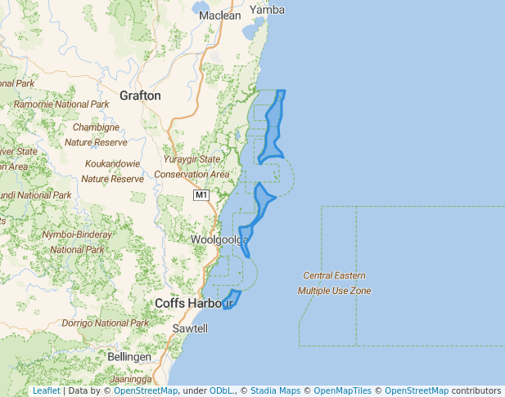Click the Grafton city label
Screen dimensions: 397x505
[x=140, y=96]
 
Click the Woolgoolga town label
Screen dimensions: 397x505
[x=219, y=239]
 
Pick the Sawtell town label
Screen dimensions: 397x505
[x=190, y=328]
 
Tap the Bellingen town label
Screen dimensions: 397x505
[x=129, y=357]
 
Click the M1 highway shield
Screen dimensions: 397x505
[x=201, y=196]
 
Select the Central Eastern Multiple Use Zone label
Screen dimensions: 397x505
[x=334, y=283]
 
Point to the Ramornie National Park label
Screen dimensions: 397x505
[x=61, y=105]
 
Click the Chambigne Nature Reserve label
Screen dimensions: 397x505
[x=96, y=135]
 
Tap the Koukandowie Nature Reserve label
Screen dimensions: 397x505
[x=112, y=171]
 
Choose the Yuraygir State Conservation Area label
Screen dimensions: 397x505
[x=192, y=167]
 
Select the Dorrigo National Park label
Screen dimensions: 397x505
[x=109, y=323]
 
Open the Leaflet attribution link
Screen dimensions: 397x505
[x=46, y=390]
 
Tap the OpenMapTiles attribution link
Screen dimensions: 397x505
[x=340, y=390]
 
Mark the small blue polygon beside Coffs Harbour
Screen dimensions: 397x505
[x=231, y=300]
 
